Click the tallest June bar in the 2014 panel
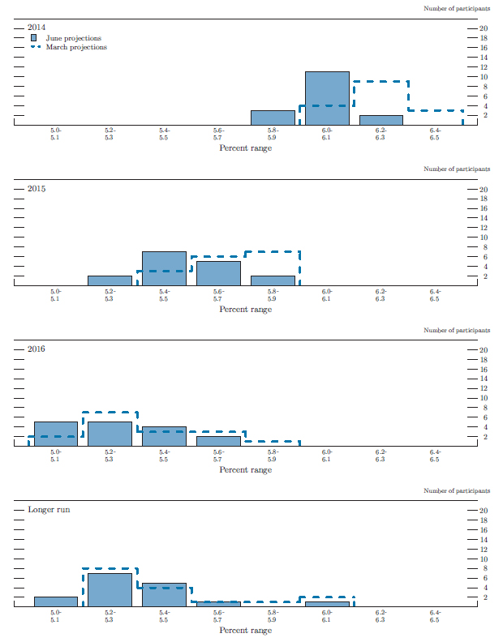[327, 98]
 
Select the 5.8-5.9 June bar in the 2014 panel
[273, 118]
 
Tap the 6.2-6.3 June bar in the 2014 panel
[381, 120]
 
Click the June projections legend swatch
[34, 38]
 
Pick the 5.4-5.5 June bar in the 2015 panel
[164, 268]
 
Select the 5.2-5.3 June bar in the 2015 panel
[110, 280]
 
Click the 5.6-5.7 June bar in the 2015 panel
[218, 273]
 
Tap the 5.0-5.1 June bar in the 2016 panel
[55, 434]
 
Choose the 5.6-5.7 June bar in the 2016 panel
[218, 441]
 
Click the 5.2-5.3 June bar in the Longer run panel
[110, 589]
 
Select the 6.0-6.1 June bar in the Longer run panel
[327, 604]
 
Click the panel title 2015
[37, 189]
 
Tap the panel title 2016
[37, 349]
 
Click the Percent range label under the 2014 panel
[246, 148]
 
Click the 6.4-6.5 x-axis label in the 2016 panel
[435, 456]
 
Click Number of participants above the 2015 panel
[457, 169]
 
